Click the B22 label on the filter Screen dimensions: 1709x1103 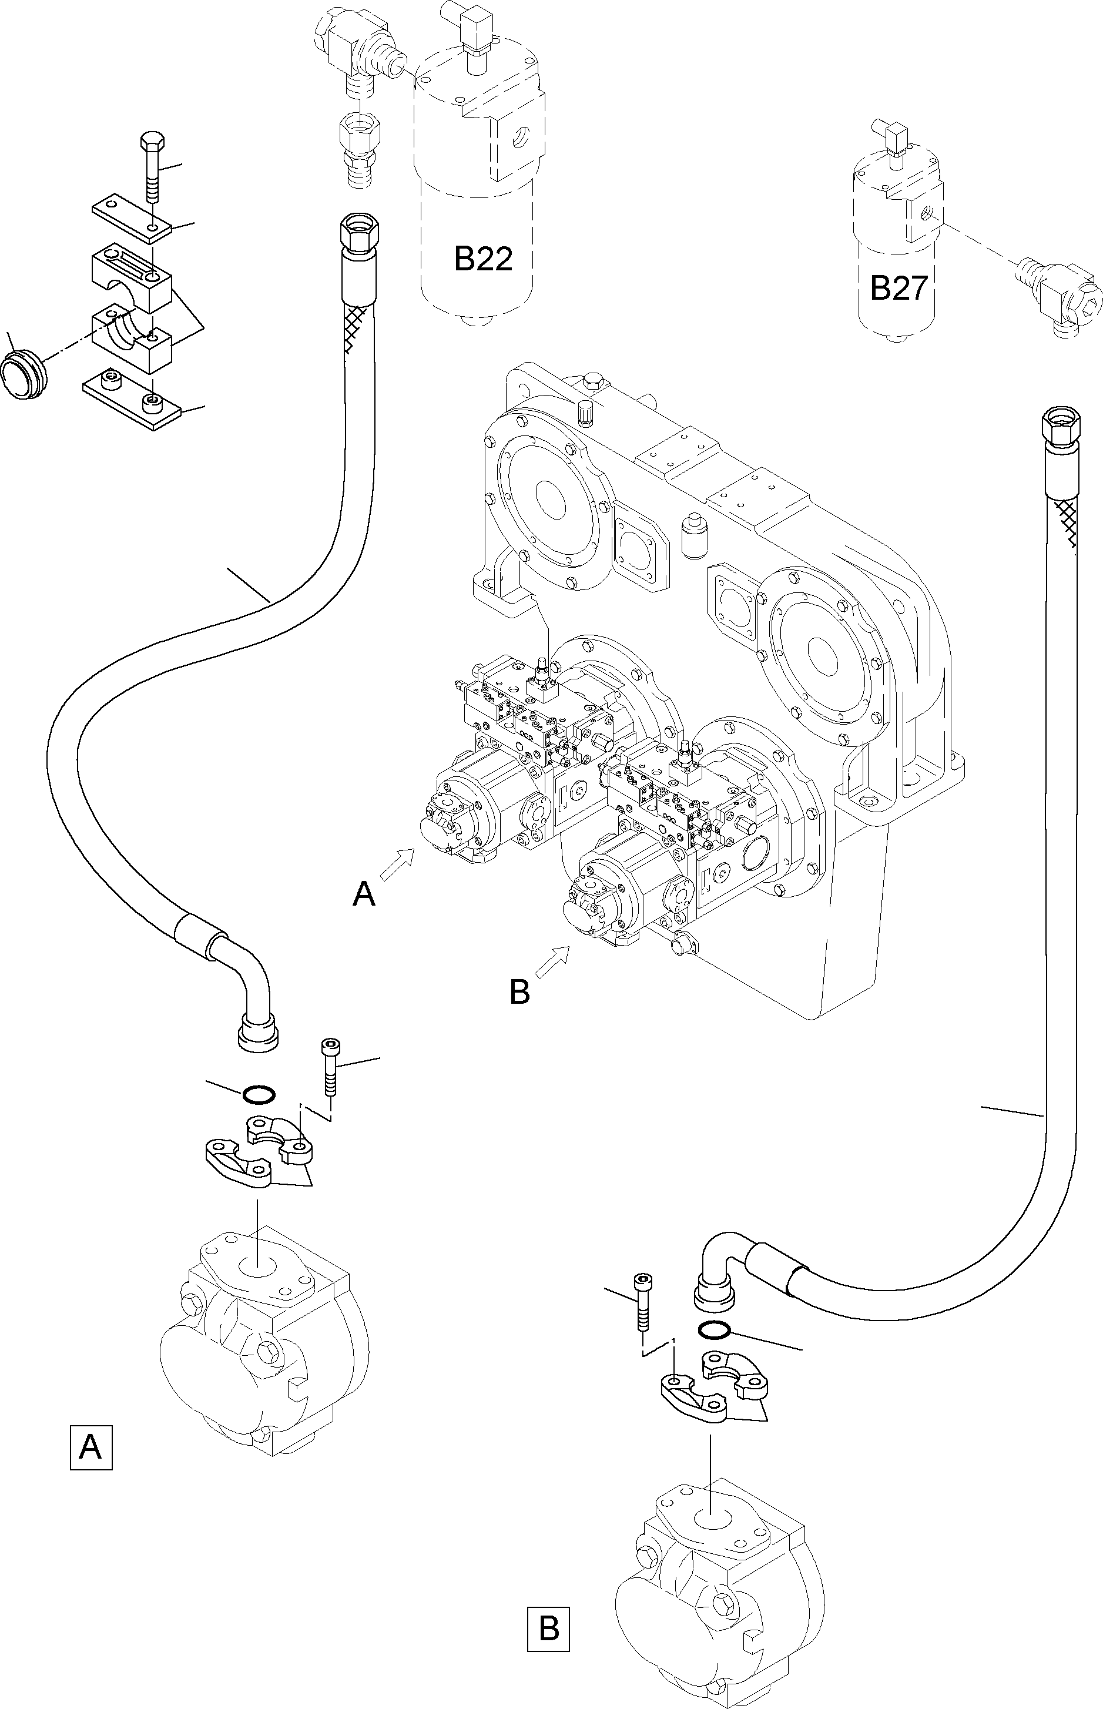(x=484, y=259)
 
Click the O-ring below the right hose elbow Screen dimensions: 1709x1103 (x=714, y=1329)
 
